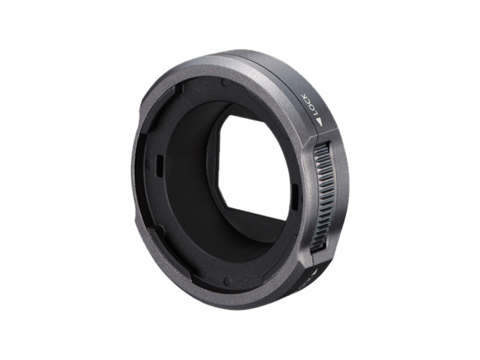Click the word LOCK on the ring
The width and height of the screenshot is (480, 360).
[x=309, y=105]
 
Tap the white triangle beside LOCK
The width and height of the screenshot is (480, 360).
[x=320, y=122]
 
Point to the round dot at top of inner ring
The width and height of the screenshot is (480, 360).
[x=225, y=83]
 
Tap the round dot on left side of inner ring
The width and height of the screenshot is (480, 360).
[x=149, y=164]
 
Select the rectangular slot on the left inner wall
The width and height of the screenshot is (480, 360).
[x=159, y=166]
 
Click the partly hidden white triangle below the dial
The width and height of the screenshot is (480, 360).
[x=316, y=272]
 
